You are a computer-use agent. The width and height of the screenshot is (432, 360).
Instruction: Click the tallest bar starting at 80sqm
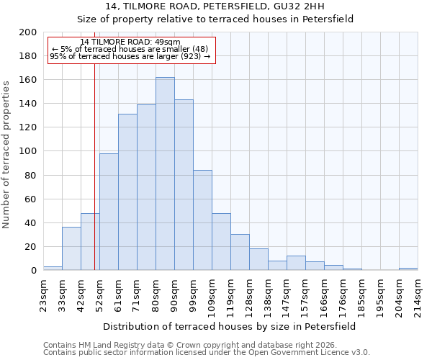[165, 174]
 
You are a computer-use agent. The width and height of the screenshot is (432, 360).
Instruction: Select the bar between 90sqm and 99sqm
[184, 185]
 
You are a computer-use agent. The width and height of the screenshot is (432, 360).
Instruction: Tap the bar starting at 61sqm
[127, 192]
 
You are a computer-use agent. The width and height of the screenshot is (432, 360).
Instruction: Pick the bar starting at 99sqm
[202, 220]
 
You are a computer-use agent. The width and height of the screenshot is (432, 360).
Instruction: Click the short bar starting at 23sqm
[53, 268]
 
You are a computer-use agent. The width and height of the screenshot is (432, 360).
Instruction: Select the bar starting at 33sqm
[71, 248]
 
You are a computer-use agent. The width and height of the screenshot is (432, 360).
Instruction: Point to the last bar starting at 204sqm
[408, 269]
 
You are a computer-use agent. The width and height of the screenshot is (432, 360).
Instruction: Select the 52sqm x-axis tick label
[99, 293]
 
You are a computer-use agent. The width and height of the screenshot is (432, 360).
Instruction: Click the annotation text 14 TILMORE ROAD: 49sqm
[130, 42]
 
